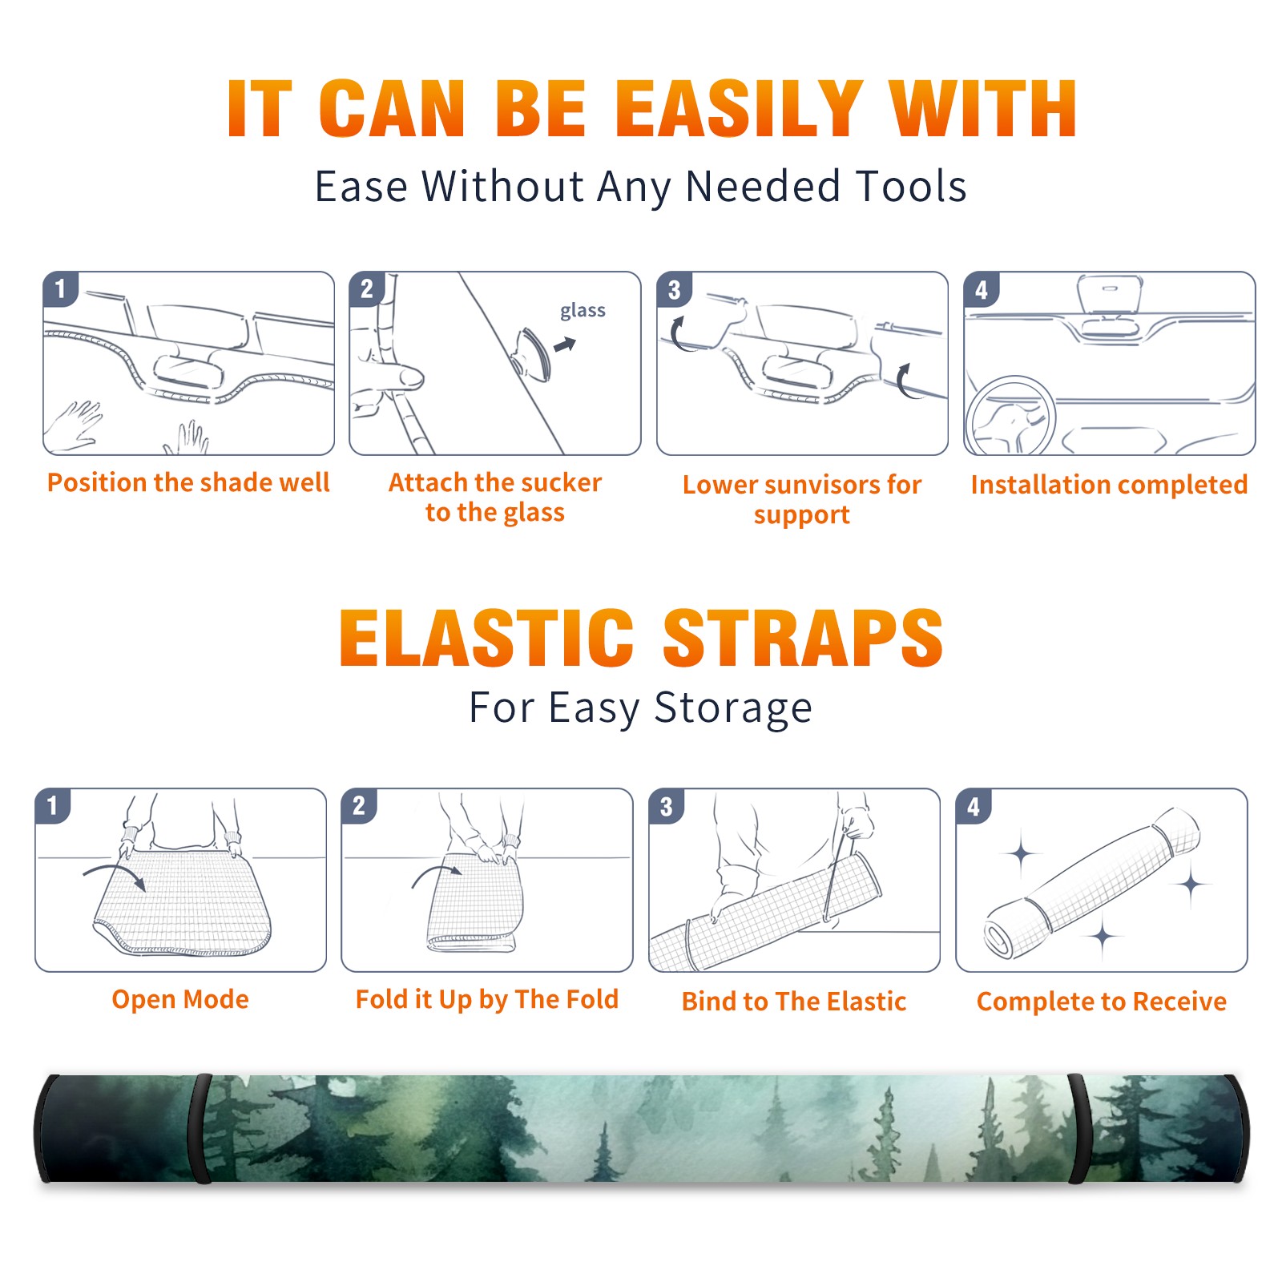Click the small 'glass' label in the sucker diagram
(583, 311)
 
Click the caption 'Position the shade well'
(188, 482)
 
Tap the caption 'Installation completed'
(1109, 484)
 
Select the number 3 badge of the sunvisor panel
(674, 289)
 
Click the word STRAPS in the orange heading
(803, 638)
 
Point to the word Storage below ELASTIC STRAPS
(732, 708)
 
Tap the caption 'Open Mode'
(180, 999)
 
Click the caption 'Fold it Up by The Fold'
(487, 999)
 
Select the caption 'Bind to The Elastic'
(794, 1001)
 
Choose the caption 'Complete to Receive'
(1102, 1002)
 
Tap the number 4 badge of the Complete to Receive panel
(974, 806)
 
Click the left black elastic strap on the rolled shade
(200, 1128)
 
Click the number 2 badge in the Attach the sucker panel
(367, 289)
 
